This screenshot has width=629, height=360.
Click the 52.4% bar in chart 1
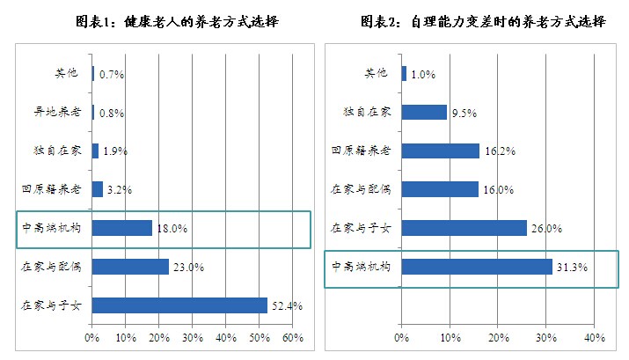pyautogui.click(x=179, y=305)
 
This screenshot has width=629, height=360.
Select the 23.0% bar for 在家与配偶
pyautogui.click(x=130, y=266)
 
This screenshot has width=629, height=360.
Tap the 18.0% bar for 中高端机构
pyautogui.click(x=121, y=228)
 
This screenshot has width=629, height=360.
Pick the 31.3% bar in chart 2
pyautogui.click(x=477, y=266)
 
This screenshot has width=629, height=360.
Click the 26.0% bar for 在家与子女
pyautogui.click(x=464, y=228)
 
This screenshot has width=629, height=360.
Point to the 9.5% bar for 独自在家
pyautogui.click(x=424, y=112)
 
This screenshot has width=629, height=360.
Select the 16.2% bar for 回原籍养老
pyautogui.click(x=440, y=151)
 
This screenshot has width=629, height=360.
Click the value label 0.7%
pyautogui.click(x=112, y=75)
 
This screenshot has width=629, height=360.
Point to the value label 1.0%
pyautogui.click(x=424, y=75)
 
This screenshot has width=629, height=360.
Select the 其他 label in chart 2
pyautogui.click(x=376, y=73)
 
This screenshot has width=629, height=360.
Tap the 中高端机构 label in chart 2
pyautogui.click(x=359, y=266)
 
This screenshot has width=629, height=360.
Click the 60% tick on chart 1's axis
pyautogui.click(x=292, y=337)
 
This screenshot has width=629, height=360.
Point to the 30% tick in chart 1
pyautogui.click(x=192, y=337)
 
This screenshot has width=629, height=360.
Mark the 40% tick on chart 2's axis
pyautogui.click(x=594, y=337)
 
